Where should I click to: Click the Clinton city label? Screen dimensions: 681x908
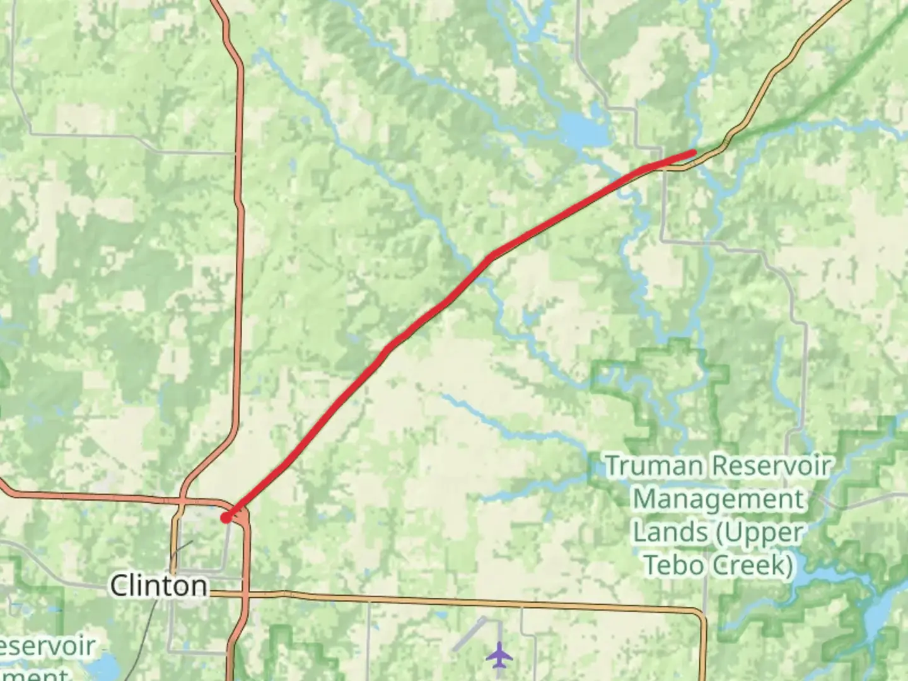point(158,586)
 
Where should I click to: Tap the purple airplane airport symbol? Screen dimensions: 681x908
point(499,655)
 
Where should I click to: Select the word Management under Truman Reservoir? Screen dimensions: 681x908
point(719,499)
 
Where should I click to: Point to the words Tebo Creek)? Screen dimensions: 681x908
point(719,565)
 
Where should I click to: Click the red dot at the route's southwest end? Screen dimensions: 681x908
point(226,518)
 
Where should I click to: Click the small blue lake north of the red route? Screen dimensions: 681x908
point(583,130)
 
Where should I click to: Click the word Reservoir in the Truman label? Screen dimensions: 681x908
point(772,467)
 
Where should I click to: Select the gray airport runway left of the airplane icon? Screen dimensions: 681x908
point(470,634)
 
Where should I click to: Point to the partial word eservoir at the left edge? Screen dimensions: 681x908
point(47,647)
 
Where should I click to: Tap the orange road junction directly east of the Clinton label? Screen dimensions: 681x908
point(247,594)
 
